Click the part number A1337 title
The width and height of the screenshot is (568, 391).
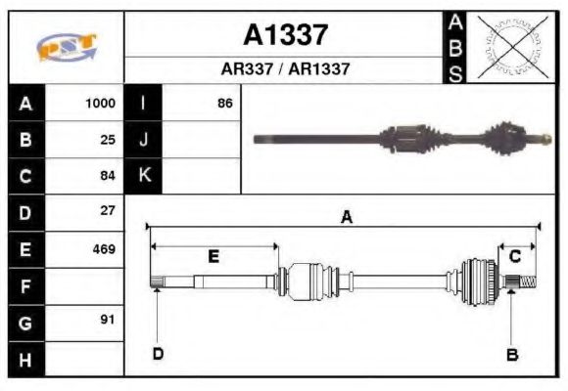[x=285, y=36]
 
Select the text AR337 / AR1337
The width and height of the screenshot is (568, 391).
[x=285, y=70]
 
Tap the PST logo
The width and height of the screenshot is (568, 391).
[x=67, y=47]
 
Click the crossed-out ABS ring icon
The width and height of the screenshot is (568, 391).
[x=508, y=47]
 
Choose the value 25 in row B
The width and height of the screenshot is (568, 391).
[x=108, y=140]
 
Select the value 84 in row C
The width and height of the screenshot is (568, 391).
[x=108, y=176]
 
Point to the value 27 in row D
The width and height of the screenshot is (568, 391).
[x=108, y=211]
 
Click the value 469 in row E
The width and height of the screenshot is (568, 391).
[x=103, y=248]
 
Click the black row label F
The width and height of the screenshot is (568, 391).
[x=25, y=285]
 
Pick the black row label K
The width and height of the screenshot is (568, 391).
[x=144, y=176]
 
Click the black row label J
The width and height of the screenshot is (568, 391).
[x=144, y=140]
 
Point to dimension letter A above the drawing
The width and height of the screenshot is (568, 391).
[x=346, y=219]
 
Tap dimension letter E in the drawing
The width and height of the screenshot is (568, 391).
[x=213, y=257]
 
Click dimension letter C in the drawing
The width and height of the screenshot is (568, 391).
[x=515, y=256]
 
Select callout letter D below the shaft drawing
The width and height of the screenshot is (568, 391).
[x=157, y=354]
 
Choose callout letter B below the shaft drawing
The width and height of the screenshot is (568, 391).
[x=511, y=355]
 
